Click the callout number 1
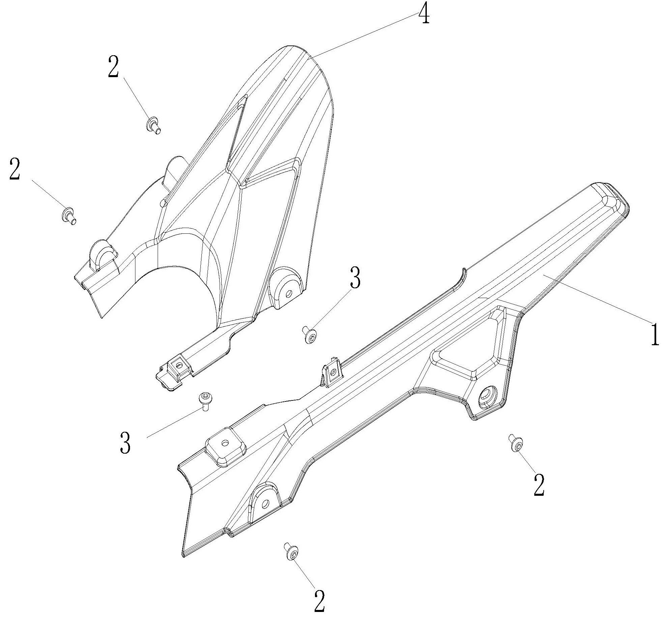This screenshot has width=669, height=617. point(655,334)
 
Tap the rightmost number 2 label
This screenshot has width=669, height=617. point(539,485)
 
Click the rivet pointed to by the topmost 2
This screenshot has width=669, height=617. point(154,125)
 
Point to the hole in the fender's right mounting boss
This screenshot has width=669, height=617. point(288,294)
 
